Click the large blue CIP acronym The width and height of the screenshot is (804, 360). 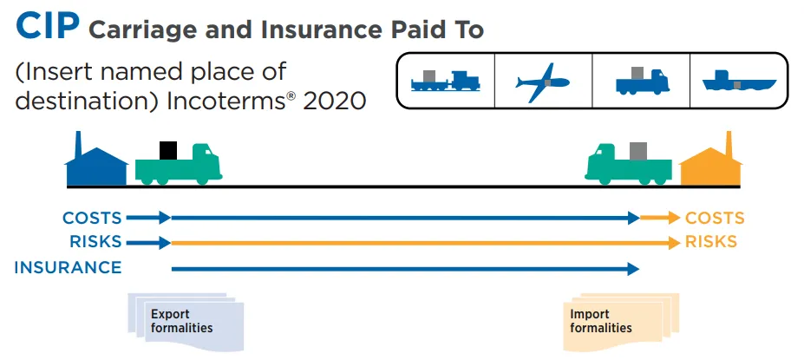click(47, 26)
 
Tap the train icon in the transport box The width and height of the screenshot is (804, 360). click(446, 80)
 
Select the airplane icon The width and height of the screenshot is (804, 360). click(542, 82)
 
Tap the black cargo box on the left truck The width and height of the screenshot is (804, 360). click(168, 150)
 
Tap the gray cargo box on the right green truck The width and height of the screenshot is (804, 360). click(638, 151)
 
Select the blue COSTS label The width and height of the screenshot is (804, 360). click(92, 218)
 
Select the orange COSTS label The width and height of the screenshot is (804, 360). click(715, 218)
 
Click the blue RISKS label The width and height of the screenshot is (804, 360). click(96, 241)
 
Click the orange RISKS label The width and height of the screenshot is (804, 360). click(711, 241)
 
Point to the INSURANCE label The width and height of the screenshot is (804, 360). click(69, 267)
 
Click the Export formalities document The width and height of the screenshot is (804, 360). click(186, 322)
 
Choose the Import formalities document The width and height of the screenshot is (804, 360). click(621, 322)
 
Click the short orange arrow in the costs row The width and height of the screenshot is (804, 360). click(660, 218)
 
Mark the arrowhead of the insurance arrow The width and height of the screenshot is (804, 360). click(633, 269)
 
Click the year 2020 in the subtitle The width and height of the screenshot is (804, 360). click(334, 101)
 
